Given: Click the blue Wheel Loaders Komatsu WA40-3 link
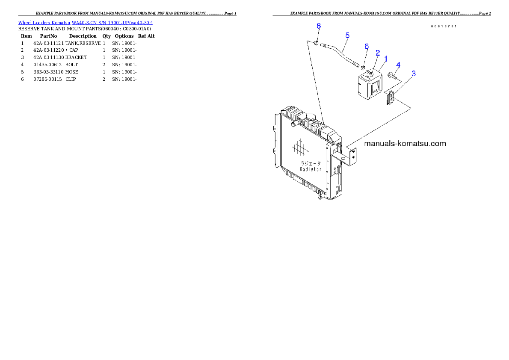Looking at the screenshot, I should [x=85, y=23].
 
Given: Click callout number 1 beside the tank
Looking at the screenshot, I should [x=386, y=58].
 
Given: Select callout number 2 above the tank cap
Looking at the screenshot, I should [x=378, y=53].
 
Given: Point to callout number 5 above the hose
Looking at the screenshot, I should [x=347, y=35].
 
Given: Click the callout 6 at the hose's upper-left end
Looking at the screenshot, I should [x=319, y=26].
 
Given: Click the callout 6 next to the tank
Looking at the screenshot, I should [x=367, y=46].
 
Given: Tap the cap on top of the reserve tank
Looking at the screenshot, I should [x=369, y=74].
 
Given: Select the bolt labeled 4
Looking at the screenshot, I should [x=391, y=77].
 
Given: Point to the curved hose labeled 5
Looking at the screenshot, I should [x=340, y=51].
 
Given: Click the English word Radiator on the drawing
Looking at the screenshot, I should [x=311, y=169].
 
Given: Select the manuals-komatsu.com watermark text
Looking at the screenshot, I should [x=405, y=144].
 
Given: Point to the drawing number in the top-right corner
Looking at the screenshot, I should [x=443, y=26].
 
